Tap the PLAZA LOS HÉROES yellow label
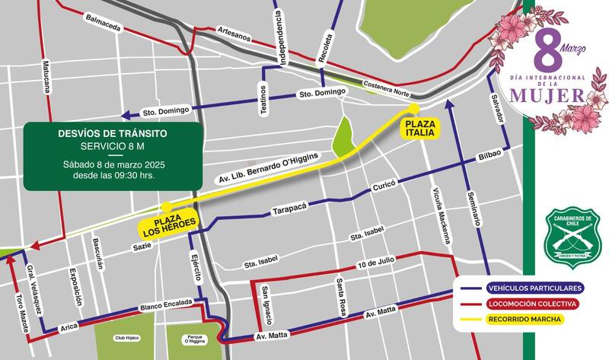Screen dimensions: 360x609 pyautogui.click(x=168, y=221)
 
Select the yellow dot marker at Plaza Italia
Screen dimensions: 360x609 pyautogui.click(x=415, y=108)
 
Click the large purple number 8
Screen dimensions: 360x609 pyautogui.click(x=547, y=52)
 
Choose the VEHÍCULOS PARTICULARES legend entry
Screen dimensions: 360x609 pyautogui.click(x=534, y=288)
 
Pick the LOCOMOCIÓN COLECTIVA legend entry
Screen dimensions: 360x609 pyautogui.click(x=534, y=304)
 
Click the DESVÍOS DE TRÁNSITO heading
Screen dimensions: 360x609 pyautogui.click(x=113, y=133)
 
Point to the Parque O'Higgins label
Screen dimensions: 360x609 pyautogui.click(x=193, y=337)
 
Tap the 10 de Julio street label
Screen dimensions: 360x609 pyautogui.click(x=375, y=263)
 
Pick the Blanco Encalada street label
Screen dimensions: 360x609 pyautogui.click(x=166, y=306)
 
